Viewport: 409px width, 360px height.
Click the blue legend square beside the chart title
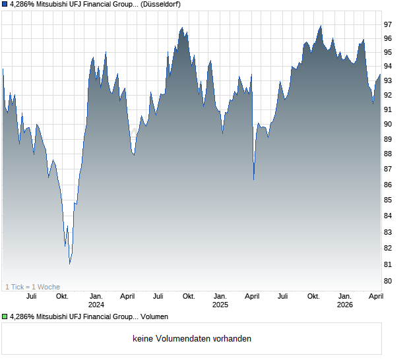5,5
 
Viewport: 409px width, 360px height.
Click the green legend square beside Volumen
5,317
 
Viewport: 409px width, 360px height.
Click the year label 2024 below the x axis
96,305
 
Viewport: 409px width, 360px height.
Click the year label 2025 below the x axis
220,305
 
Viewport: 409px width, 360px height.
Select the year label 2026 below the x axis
344,305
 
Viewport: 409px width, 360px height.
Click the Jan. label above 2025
220,297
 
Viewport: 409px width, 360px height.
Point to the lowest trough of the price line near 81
70,264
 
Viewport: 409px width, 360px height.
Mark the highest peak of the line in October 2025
321,26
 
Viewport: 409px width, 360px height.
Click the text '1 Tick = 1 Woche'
33,287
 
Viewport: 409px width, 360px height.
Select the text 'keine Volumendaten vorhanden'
192,339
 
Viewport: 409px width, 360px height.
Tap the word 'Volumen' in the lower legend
154,317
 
